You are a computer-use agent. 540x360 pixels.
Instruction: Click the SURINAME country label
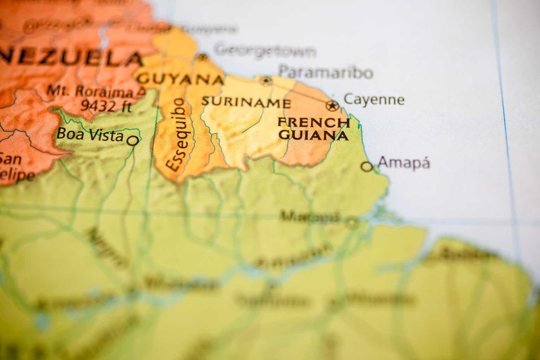click(x=246, y=103)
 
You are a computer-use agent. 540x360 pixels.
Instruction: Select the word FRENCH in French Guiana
click(x=314, y=123)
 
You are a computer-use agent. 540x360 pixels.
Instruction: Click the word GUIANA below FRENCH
click(x=314, y=135)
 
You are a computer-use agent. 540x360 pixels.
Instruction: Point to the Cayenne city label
click(x=374, y=99)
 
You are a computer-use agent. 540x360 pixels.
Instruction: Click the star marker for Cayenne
click(x=332, y=105)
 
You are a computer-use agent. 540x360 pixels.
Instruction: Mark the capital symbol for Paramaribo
click(x=266, y=81)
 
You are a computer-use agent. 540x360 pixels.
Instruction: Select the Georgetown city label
click(x=265, y=50)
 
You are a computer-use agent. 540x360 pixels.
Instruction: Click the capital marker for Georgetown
click(x=202, y=57)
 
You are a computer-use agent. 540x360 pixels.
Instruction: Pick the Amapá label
click(x=404, y=163)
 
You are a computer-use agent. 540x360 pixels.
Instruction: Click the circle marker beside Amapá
click(x=367, y=167)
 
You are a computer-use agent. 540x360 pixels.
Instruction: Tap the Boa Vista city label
click(x=90, y=135)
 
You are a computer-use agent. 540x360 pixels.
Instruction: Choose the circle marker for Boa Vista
click(x=133, y=141)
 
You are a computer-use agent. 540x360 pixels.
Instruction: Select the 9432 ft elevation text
click(x=105, y=105)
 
